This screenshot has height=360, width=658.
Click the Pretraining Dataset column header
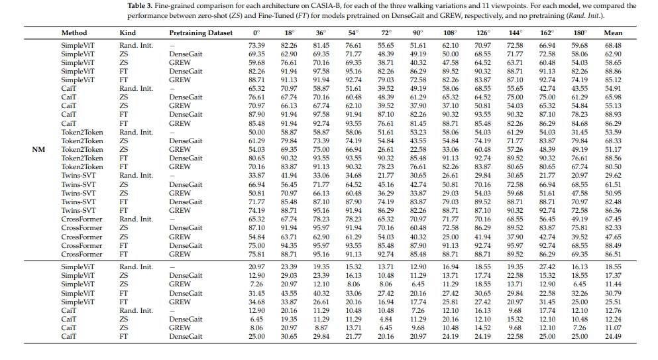[x=201, y=32]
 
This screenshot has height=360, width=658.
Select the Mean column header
[x=613, y=32]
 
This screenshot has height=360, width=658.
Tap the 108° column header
[x=450, y=32]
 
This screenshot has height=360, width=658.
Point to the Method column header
[x=74, y=32]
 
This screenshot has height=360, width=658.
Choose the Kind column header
[x=128, y=32]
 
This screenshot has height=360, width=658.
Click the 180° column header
[x=580, y=32]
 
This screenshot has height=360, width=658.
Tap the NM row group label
[x=38, y=150]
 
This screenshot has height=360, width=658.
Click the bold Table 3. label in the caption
[x=140, y=6]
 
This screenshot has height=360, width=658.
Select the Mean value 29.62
[x=613, y=176]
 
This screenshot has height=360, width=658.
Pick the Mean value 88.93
[x=613, y=114]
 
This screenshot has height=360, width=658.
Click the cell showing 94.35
[x=289, y=245]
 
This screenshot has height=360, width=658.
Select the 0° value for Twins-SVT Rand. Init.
[x=256, y=176]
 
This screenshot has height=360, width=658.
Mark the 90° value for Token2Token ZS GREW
[x=418, y=150]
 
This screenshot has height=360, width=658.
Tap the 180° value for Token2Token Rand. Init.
[x=580, y=133]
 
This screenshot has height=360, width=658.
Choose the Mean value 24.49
[x=613, y=337]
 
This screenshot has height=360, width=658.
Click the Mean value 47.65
[x=613, y=237]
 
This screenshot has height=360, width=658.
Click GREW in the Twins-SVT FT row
[x=180, y=210]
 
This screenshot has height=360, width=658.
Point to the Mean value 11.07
[x=613, y=328]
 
